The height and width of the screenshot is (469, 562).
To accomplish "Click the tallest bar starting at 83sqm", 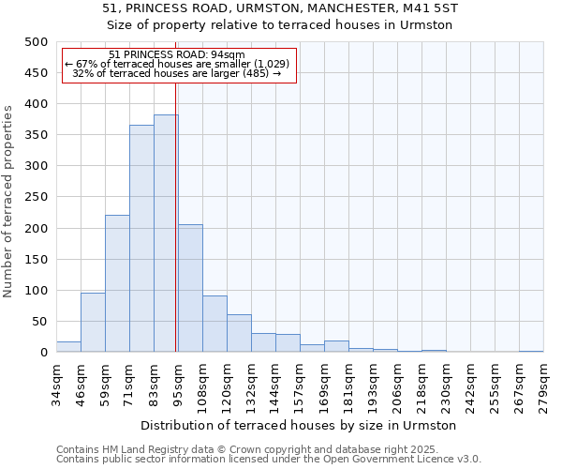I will click(x=166, y=234).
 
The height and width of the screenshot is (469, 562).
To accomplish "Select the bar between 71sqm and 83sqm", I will click(x=141, y=239).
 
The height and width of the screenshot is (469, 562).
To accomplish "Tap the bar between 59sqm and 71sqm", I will click(x=117, y=284).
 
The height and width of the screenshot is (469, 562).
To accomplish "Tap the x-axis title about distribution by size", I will click(x=299, y=425).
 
